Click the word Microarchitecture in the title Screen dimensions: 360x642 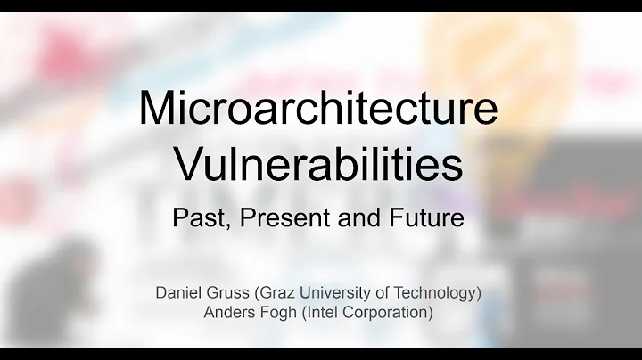tap(317, 109)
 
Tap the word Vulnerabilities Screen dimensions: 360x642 tap(318, 166)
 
